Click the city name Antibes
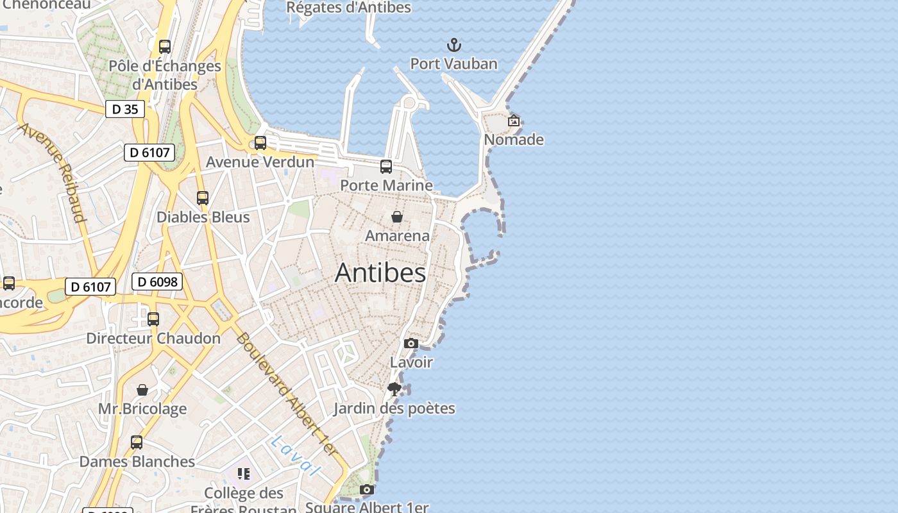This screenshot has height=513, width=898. [x=380, y=273]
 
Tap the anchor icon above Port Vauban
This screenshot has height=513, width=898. [x=454, y=45]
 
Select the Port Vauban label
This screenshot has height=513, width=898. [x=453, y=63]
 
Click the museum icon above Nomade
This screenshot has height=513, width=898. [x=514, y=121]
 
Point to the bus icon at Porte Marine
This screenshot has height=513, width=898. [x=386, y=167]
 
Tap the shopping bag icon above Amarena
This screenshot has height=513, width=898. [x=397, y=217]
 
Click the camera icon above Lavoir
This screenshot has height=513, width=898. [x=411, y=344]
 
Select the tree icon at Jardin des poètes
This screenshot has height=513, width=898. [x=394, y=389]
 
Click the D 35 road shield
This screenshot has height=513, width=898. [x=125, y=109]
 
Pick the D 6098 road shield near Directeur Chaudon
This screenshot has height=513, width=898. [x=157, y=282]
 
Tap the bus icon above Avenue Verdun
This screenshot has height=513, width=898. [x=260, y=143]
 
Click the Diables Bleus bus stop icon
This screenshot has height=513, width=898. [x=203, y=198]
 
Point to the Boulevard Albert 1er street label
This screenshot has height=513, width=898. [x=286, y=394]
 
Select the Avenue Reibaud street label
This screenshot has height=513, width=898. [x=53, y=172]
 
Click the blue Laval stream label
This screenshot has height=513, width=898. [x=295, y=455]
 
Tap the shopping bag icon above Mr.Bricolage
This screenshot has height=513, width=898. [x=142, y=390]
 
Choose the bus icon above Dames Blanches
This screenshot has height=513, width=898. [x=137, y=442]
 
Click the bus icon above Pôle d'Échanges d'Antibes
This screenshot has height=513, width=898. [x=165, y=47]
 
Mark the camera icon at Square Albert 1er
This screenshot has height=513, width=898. [x=367, y=490]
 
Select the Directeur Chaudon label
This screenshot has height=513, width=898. [x=153, y=338]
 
